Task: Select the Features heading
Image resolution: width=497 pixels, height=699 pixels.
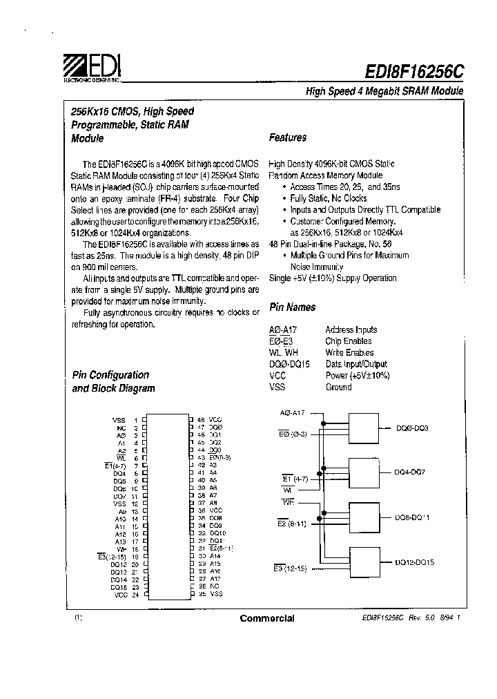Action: tap(288, 137)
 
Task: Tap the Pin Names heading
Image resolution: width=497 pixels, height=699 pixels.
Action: tap(292, 307)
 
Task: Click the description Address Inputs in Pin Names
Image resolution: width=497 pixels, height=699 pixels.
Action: tap(351, 330)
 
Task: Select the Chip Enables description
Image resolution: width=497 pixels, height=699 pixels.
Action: tap(349, 341)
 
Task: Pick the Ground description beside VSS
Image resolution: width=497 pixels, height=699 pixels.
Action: tap(338, 387)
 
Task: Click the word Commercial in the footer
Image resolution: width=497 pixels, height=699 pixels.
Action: tap(267, 618)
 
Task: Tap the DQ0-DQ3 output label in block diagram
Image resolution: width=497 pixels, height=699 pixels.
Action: tap(412, 428)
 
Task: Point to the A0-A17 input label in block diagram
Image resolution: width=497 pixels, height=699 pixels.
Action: tap(293, 412)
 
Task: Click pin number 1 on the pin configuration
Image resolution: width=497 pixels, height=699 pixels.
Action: tap(136, 420)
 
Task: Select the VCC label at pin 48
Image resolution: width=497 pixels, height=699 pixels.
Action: tap(215, 420)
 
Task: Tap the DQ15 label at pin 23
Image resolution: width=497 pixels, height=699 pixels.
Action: tap(119, 587)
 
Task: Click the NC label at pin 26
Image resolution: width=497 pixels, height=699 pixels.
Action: tap(214, 586)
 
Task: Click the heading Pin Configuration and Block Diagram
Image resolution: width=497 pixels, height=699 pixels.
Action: tap(113, 381)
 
